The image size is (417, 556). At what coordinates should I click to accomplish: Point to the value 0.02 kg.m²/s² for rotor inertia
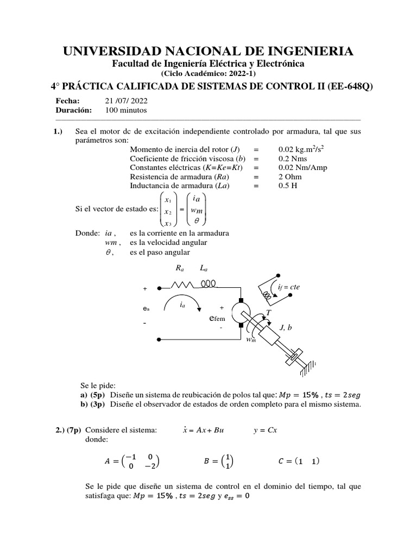coord(302,149)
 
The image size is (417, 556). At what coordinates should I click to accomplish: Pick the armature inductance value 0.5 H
coord(289,186)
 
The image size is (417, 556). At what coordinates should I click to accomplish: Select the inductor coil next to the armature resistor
coord(209,283)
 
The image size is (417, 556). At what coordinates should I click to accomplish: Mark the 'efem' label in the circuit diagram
coord(217,319)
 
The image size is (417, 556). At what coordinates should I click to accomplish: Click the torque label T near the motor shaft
coord(268,313)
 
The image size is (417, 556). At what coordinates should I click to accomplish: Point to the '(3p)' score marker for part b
coord(99,404)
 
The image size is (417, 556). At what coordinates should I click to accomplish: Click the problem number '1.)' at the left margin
coord(59,131)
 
